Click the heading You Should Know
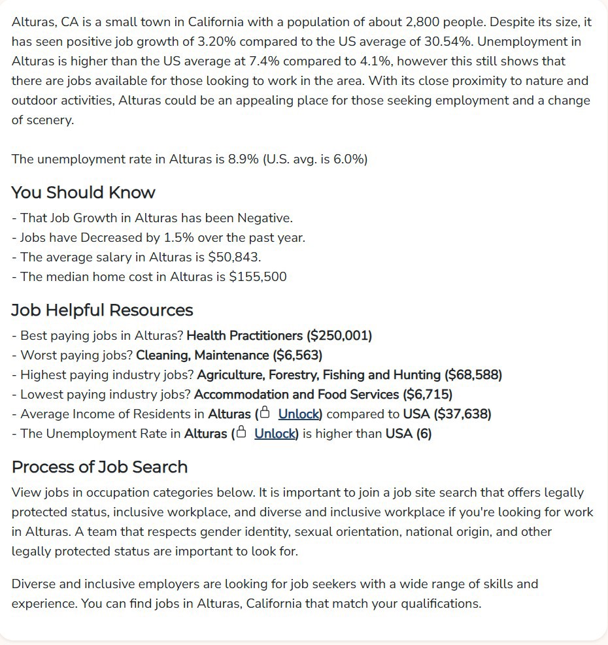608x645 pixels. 83,193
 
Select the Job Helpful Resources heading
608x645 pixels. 102,310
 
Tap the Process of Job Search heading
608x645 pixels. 99,467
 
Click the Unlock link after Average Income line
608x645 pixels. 299,414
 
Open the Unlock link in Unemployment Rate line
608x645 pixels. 275,434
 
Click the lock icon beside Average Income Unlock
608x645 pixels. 264,414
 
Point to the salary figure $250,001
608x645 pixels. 339,336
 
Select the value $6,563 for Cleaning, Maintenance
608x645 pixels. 296,356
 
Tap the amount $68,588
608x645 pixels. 473,375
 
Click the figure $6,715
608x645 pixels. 428,395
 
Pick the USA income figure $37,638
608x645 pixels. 463,414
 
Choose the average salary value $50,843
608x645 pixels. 233,257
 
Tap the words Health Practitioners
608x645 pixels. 245,336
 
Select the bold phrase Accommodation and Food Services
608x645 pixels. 296,395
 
